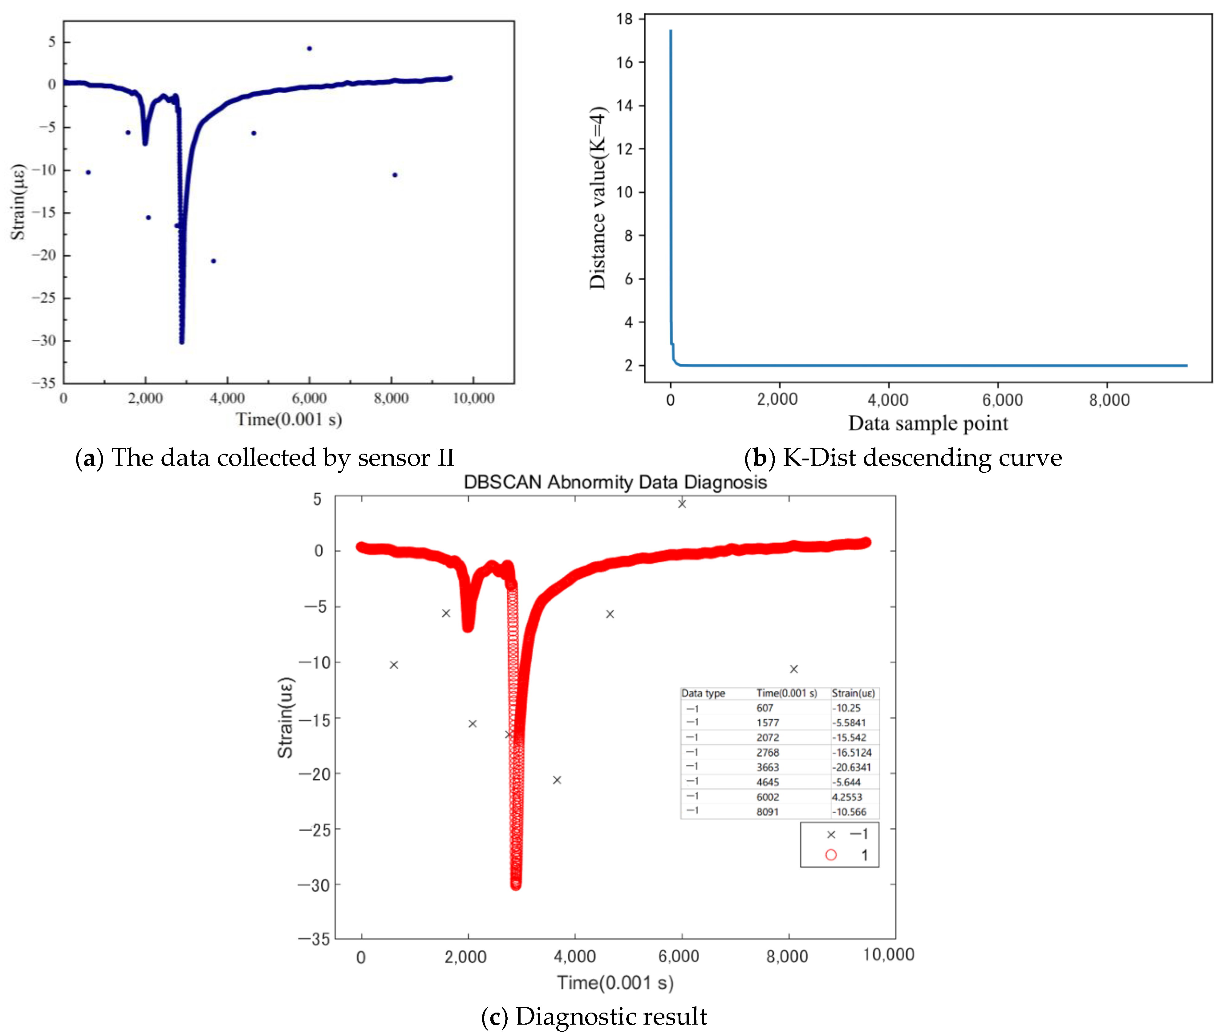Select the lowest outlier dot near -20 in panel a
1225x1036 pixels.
[213, 261]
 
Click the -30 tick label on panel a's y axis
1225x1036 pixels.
[44, 341]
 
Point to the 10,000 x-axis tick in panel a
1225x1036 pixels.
[473, 398]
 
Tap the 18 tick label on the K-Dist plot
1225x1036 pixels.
[625, 19]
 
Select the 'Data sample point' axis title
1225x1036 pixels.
[928, 423]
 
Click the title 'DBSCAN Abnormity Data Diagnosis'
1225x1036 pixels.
[615, 482]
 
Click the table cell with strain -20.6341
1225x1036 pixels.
[851, 767]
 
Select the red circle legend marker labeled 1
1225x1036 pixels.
[830, 855]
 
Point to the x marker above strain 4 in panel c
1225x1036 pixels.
[682, 503]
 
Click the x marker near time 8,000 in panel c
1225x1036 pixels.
[793, 669]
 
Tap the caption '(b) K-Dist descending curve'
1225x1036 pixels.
[903, 458]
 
